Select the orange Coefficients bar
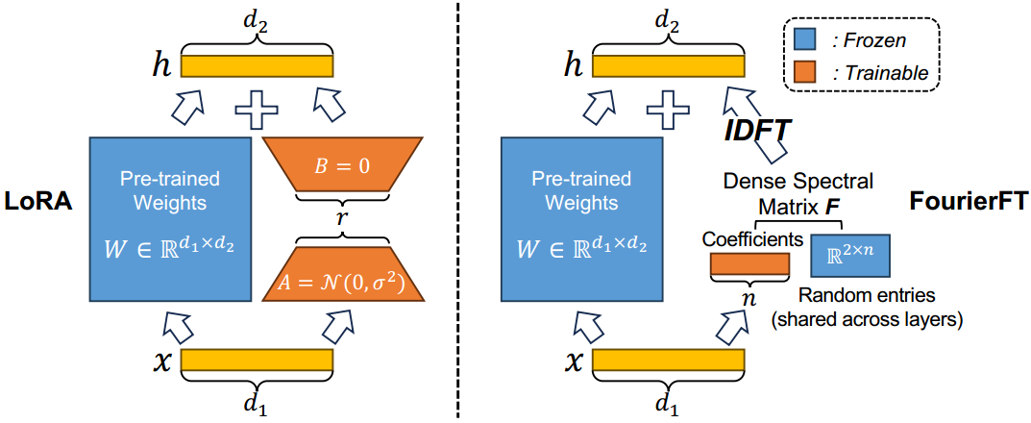pyautogui.click(x=749, y=263)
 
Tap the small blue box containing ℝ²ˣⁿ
pyautogui.click(x=851, y=257)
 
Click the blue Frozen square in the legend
pyautogui.click(x=805, y=40)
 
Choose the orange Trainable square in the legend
pyautogui.click(x=805, y=71)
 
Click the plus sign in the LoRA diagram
pyautogui.click(x=257, y=110)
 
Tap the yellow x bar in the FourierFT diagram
pyautogui.click(x=670, y=361)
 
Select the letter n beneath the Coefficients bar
pyautogui.click(x=749, y=298)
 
